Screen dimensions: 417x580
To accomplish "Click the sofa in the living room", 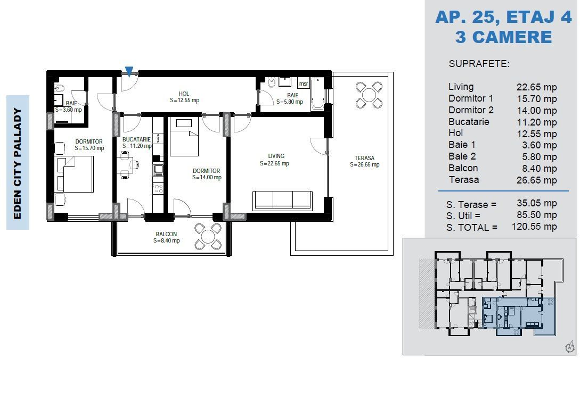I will [x=282, y=200].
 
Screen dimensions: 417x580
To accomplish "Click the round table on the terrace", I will [x=369, y=95].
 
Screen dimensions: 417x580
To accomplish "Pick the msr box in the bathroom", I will [x=303, y=84].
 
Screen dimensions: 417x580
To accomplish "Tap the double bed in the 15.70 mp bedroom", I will [x=76, y=174].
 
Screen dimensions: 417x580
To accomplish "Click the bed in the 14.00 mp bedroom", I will [x=184, y=137].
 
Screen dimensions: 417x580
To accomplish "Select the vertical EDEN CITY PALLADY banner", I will [x=18, y=162].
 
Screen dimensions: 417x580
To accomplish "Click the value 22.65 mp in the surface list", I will [x=536, y=87].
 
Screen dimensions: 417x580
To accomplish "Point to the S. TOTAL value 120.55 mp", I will [x=534, y=227].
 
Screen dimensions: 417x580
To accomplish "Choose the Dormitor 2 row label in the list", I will [x=471, y=110].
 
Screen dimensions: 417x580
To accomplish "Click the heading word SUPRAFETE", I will [x=479, y=64].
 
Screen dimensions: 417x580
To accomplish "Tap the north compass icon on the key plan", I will [x=570, y=347].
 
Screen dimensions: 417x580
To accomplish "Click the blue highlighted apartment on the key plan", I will [x=519, y=316].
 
